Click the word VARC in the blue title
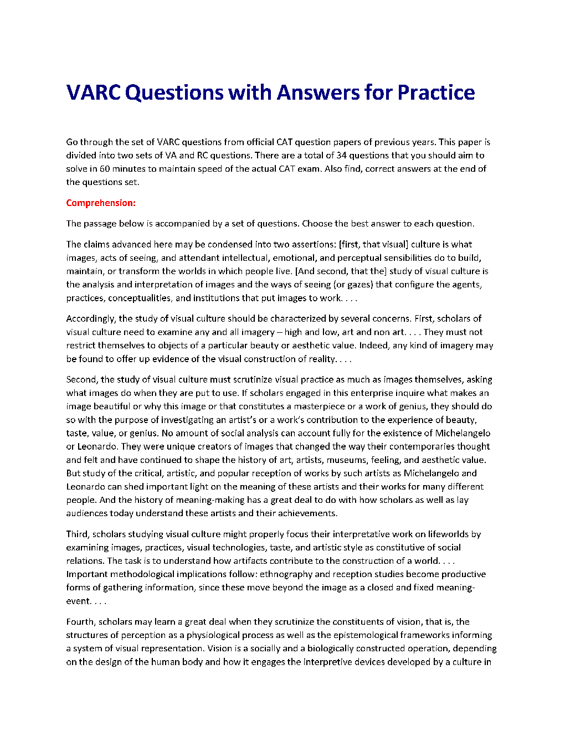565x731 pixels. [94, 92]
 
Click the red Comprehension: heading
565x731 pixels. [101, 203]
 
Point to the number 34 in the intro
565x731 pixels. [341, 155]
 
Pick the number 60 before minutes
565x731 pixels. [105, 168]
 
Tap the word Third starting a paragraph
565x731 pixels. [77, 534]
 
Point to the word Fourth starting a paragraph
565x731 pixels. [80, 622]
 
